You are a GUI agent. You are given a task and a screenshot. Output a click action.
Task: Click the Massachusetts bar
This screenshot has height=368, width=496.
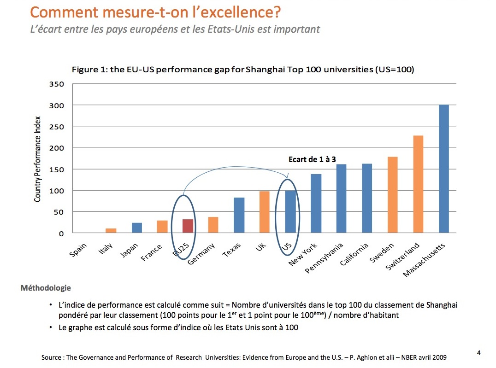[x=443, y=169]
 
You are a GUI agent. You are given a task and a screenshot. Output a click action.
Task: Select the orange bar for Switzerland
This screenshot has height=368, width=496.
[x=418, y=184]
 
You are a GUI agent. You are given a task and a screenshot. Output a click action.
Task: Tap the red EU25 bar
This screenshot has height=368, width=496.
[x=188, y=226]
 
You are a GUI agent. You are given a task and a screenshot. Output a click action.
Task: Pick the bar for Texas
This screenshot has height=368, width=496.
[x=239, y=215]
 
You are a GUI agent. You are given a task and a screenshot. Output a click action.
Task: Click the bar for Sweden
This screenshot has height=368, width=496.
[x=392, y=195]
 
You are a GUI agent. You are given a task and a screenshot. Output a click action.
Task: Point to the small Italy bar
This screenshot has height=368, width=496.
[x=111, y=230]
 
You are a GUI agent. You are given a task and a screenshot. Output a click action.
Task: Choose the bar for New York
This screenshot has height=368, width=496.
[x=316, y=203]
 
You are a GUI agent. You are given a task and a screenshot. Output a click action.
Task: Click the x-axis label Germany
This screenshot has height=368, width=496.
[x=202, y=254]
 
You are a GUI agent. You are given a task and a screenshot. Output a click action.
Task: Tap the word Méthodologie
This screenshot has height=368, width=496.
[x=46, y=288]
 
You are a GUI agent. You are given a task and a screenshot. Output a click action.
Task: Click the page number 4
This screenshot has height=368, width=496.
[x=479, y=353]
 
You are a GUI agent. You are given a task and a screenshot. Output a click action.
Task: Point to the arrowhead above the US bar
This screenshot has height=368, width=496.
[x=287, y=176]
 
